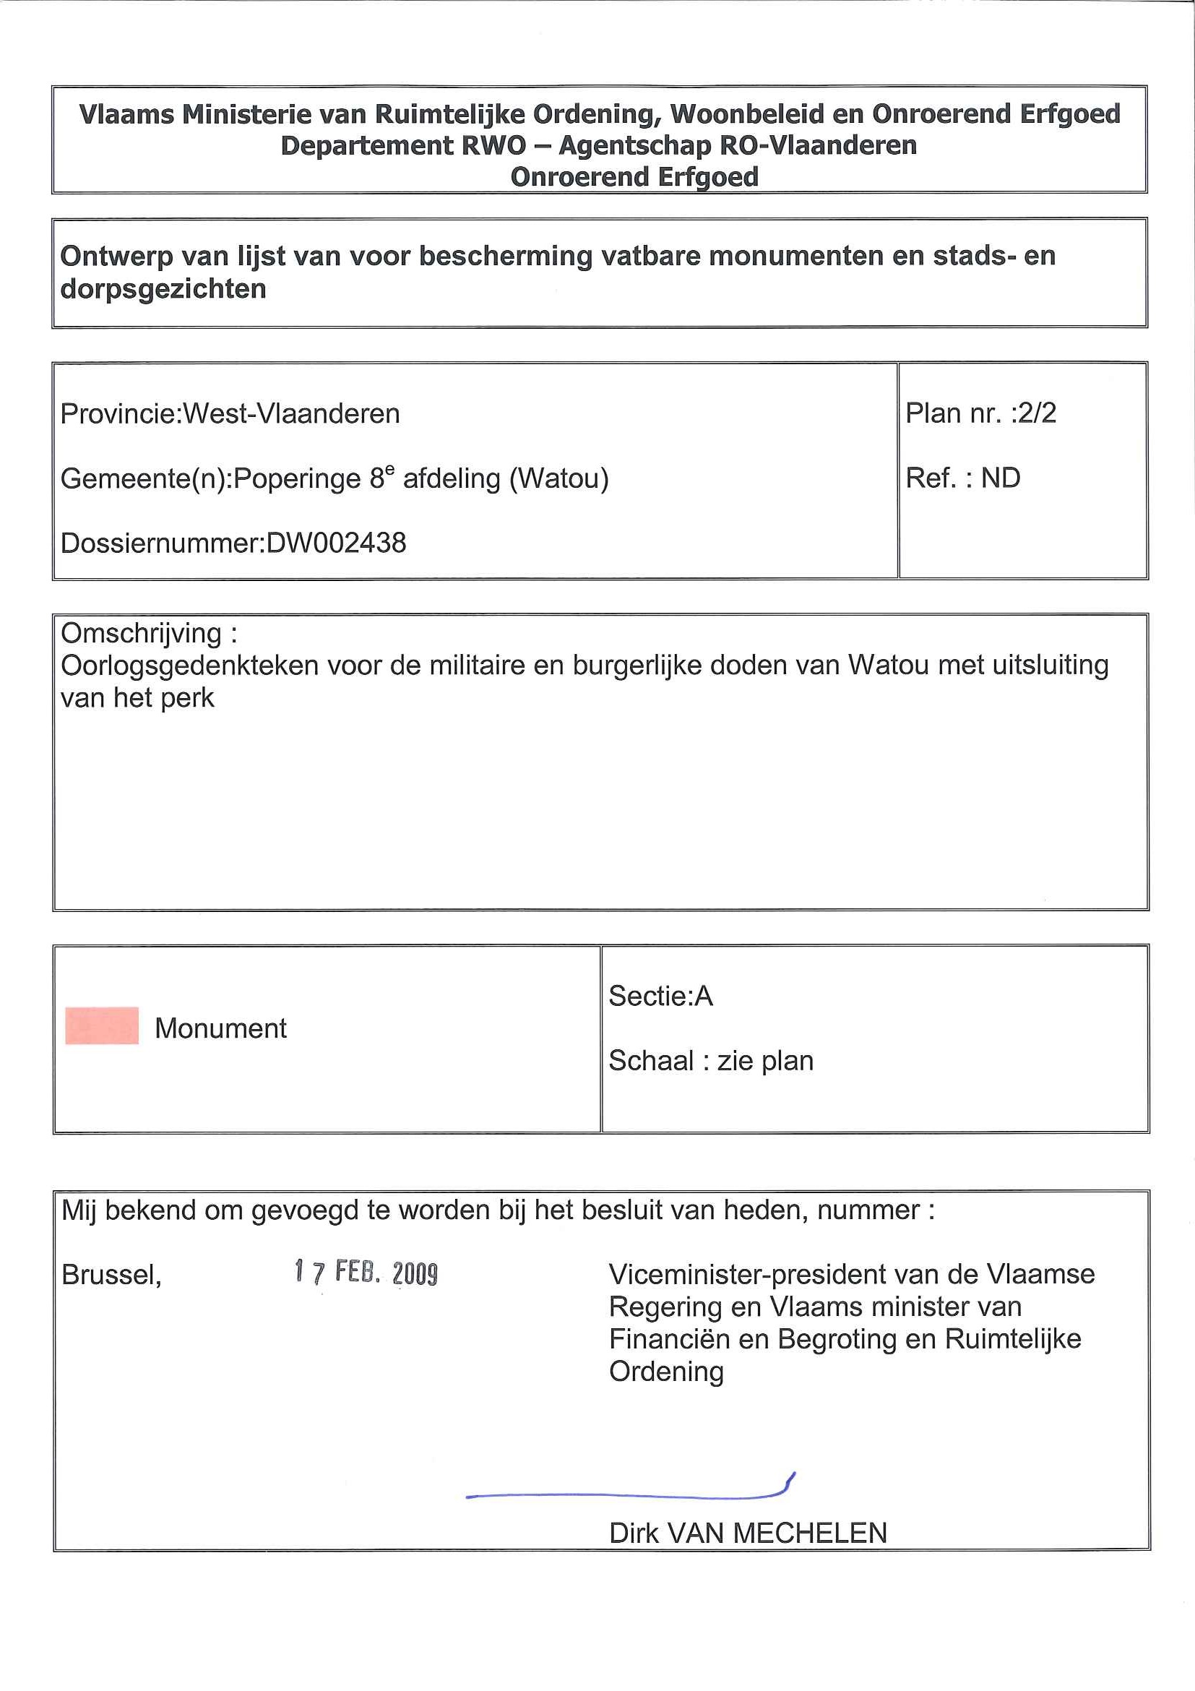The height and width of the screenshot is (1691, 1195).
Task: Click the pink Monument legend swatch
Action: pyautogui.click(x=102, y=1025)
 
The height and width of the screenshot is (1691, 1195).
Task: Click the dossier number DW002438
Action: pyautogui.click(x=336, y=543)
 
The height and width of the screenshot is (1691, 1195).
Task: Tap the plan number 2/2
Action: pyautogui.click(x=1034, y=413)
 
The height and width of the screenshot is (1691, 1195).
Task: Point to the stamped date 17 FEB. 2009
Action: pyautogui.click(x=366, y=1273)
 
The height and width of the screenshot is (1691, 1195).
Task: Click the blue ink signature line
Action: pyautogui.click(x=626, y=1494)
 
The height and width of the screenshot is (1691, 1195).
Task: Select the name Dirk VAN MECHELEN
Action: pyautogui.click(x=747, y=1533)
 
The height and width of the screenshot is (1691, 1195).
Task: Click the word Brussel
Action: pyautogui.click(x=111, y=1275)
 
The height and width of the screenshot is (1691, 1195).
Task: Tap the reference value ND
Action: pyautogui.click(x=1000, y=478)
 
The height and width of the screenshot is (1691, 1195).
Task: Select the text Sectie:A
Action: pyautogui.click(x=660, y=996)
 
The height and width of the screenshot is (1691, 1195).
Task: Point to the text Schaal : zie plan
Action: pyautogui.click(x=710, y=1061)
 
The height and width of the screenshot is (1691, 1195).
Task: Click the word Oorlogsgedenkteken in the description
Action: pyautogui.click(x=189, y=666)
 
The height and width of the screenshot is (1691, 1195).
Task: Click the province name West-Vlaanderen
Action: pyautogui.click(x=291, y=414)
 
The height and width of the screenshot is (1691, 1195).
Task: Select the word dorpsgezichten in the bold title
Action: pyautogui.click(x=163, y=289)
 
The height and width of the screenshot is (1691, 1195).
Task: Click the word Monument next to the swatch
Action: pyautogui.click(x=220, y=1028)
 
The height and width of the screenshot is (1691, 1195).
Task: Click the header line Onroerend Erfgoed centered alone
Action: pyautogui.click(x=634, y=177)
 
